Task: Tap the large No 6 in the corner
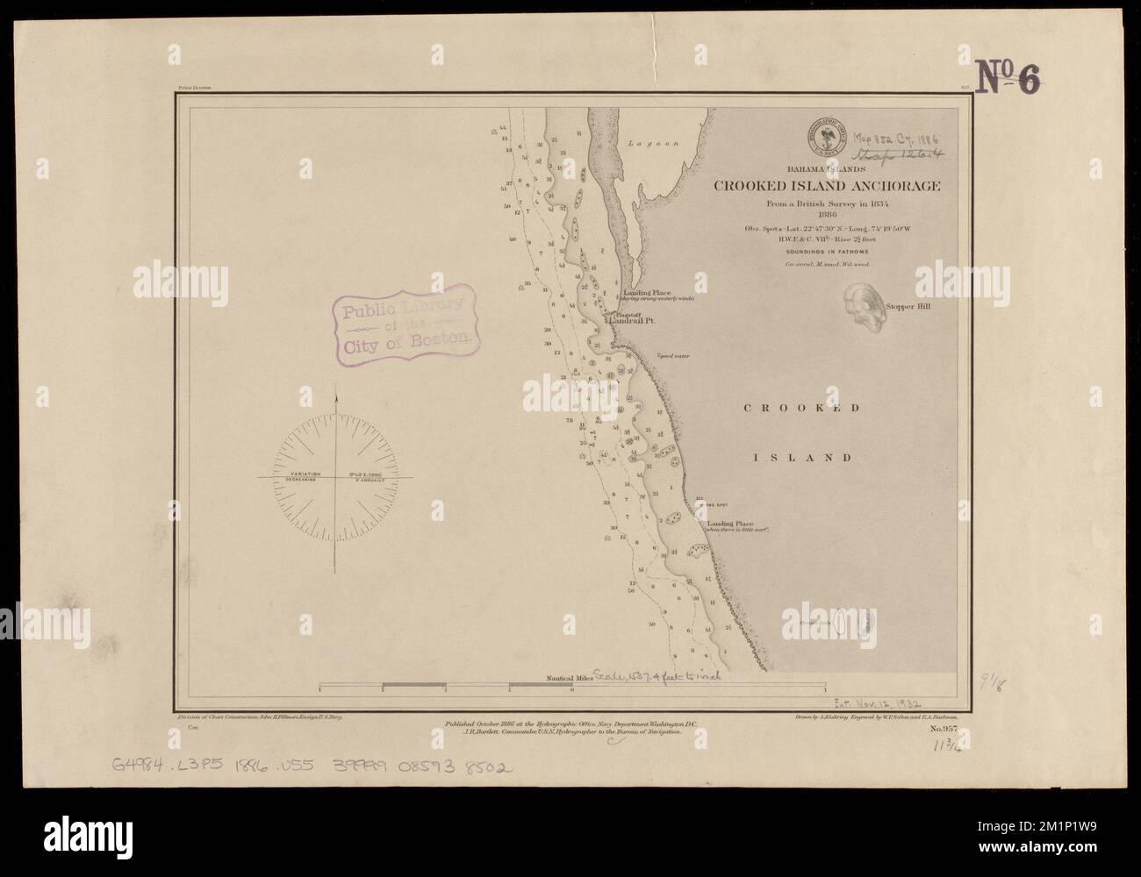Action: coord(1008,78)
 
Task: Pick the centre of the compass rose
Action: coord(336,477)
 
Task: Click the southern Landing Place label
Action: coord(730,524)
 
